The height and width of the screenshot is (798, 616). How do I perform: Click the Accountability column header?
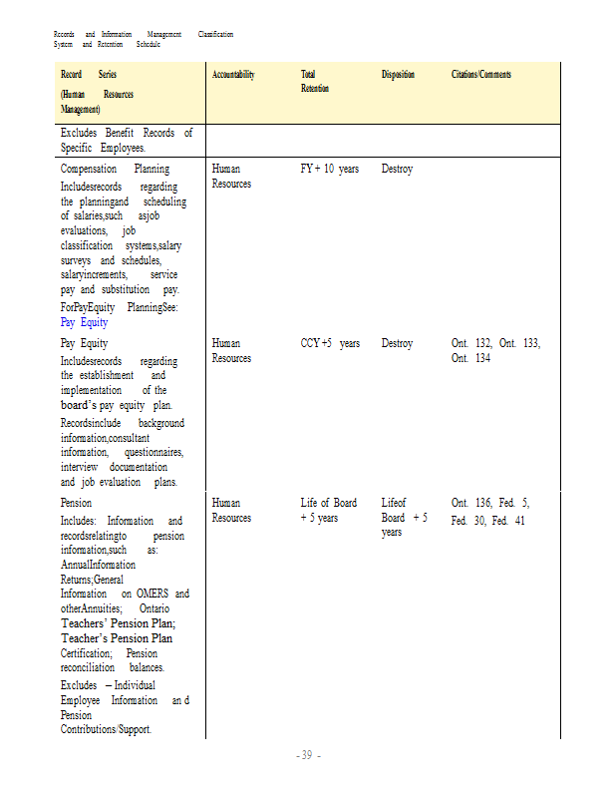tap(233, 75)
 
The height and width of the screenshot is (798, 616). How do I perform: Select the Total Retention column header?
tap(315, 81)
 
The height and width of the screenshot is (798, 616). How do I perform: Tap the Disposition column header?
tap(398, 75)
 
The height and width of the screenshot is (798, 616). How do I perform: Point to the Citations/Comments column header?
tap(481, 75)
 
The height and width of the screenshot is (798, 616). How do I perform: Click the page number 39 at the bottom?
tap(307, 755)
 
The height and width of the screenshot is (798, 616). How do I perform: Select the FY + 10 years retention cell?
tap(329, 170)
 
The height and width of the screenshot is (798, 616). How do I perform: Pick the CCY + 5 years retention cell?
tap(330, 344)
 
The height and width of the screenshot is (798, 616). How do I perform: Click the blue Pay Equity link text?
tap(84, 323)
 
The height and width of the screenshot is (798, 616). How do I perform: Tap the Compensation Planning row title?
tap(115, 170)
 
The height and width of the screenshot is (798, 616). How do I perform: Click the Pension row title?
tap(76, 504)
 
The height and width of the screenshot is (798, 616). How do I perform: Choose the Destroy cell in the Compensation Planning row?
tap(397, 170)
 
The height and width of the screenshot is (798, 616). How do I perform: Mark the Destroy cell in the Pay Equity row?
tap(397, 344)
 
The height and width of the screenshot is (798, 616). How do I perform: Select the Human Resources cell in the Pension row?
tap(231, 511)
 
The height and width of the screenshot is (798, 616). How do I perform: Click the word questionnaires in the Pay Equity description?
tap(154, 453)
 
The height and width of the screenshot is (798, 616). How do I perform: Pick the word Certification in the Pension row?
tap(86, 652)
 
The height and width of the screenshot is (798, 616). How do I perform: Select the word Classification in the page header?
tap(215, 35)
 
